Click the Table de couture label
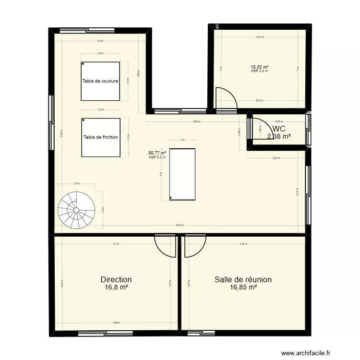coord(100,81)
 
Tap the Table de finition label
coord(100,137)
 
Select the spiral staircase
coord(76,210)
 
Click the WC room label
coord(279,129)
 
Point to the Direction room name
coord(116,279)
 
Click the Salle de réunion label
coord(243,279)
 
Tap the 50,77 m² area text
coord(157,153)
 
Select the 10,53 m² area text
coord(259,67)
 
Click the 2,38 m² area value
coord(279,136)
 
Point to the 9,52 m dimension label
coord(179,225)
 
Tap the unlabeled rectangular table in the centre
coord(183,174)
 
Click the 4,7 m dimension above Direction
coord(116,244)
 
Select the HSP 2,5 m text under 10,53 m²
coord(259,71)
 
